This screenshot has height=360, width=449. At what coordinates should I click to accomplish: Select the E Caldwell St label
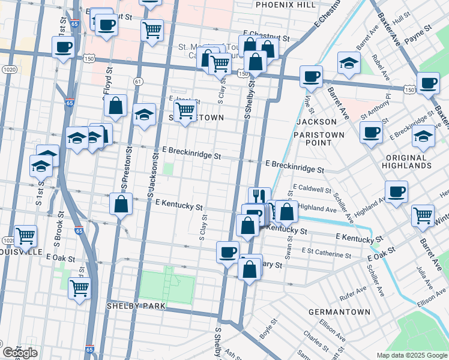click(x=312, y=190)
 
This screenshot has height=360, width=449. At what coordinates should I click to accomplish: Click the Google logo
click(x=20, y=353)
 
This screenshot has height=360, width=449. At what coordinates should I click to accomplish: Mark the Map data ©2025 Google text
click(x=412, y=355)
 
